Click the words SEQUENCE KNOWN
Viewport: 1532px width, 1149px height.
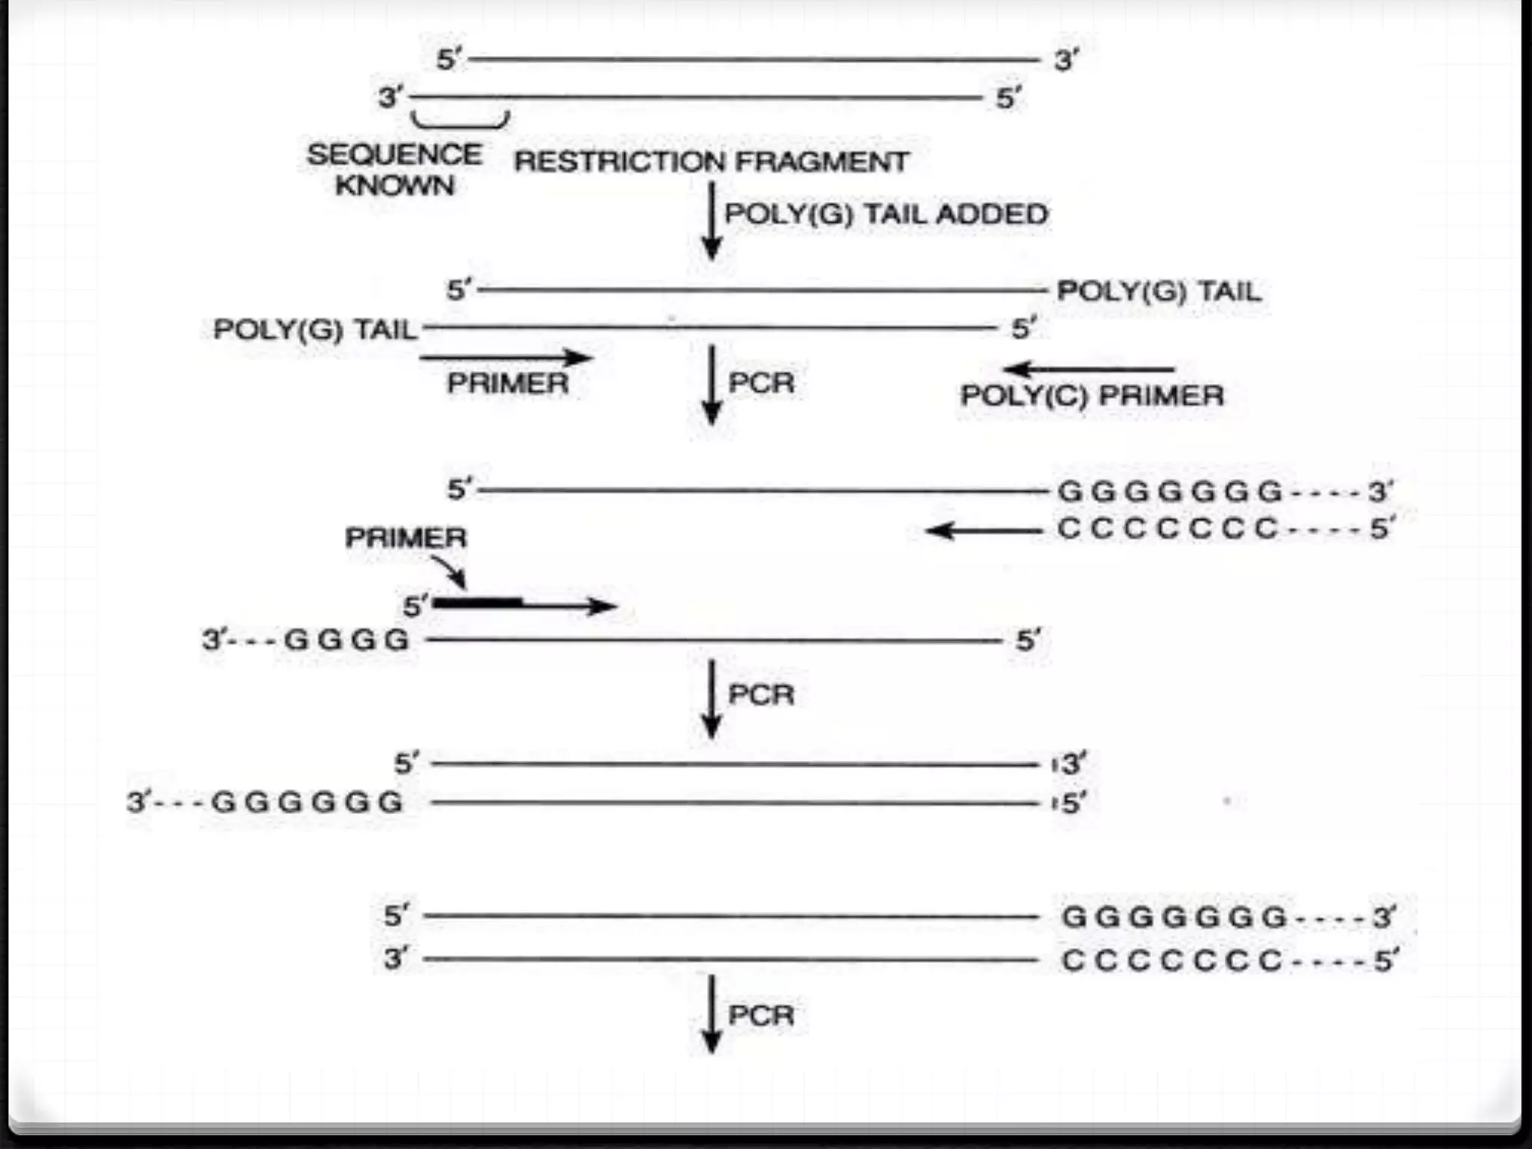click(394, 169)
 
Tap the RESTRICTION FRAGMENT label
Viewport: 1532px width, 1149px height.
click(711, 162)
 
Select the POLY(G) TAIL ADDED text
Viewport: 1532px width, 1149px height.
click(886, 215)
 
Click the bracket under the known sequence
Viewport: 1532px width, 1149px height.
click(460, 121)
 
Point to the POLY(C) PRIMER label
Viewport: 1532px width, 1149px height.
click(1091, 396)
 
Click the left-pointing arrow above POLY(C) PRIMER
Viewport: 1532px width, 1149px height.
click(1088, 369)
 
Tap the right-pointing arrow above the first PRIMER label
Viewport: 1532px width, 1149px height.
click(506, 358)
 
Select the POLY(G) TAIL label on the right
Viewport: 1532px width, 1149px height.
click(1159, 291)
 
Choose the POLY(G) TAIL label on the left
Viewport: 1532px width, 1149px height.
click(315, 329)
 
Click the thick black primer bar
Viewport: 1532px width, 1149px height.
click(478, 602)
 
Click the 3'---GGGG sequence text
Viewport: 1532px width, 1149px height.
click(306, 640)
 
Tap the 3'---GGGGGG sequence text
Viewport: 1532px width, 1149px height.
click(266, 803)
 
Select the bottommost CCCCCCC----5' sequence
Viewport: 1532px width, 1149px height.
click(1228, 960)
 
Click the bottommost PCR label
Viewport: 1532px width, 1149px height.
click(761, 1016)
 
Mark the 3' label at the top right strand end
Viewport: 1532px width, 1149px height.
click(1066, 60)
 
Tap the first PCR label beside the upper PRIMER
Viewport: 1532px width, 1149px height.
click(761, 383)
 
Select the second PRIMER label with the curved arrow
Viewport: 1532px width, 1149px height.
click(405, 537)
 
